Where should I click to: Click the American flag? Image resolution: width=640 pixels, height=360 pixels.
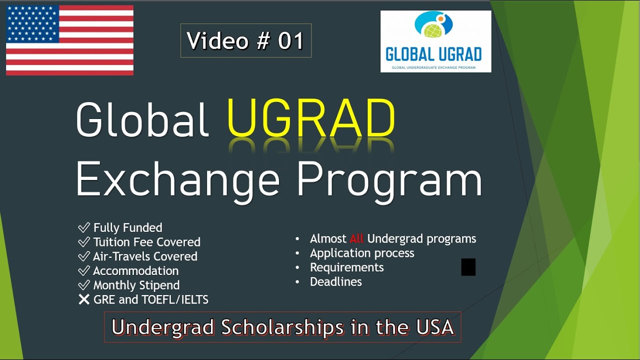pos(69,40)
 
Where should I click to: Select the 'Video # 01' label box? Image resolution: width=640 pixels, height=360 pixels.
pos(245,40)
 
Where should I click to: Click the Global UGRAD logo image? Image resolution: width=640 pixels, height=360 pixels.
pos(435,41)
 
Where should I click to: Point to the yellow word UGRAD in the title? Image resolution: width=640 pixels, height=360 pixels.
pos(311,119)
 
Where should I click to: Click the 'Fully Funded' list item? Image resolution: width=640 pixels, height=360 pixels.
pos(127,228)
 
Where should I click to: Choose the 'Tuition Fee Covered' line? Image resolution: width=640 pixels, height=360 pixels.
pos(146,242)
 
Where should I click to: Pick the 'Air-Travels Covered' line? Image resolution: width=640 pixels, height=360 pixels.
pos(145,256)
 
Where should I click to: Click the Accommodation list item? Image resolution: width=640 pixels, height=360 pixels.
pos(135,271)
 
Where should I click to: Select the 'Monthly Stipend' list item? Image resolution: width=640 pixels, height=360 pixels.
pos(136,285)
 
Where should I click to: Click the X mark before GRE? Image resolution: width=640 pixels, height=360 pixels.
pos(83,300)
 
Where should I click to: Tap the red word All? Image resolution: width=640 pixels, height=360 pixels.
pos(356,239)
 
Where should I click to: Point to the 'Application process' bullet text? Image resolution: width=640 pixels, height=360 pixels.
pos(362,253)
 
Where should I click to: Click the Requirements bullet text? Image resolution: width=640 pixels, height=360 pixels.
pos(346,267)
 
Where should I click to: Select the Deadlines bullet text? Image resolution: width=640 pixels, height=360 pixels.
pos(335,282)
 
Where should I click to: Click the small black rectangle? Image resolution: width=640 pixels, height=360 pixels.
pos(468,267)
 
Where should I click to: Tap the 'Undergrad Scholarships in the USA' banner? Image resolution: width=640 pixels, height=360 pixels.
pos(282,327)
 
